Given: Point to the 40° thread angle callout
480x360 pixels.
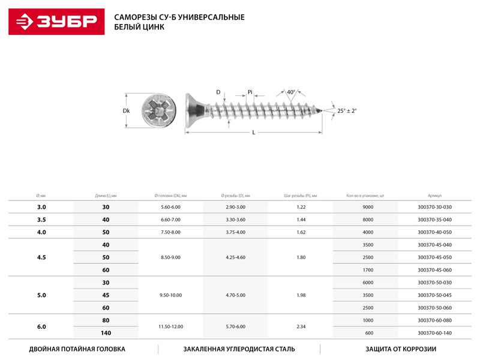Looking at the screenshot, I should pyautogui.click(x=291, y=92).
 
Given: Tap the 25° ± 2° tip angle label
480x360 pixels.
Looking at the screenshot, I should pyautogui.click(x=346, y=111).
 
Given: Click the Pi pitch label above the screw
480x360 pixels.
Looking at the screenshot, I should pyautogui.click(x=250, y=92).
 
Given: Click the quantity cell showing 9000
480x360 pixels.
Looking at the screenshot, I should pyautogui.click(x=368, y=207).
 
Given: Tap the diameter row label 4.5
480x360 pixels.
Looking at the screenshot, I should pyautogui.click(x=41, y=257).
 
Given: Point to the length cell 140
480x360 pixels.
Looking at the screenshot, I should pyautogui.click(x=106, y=333).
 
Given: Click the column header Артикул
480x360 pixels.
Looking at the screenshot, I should pyautogui.click(x=434, y=196).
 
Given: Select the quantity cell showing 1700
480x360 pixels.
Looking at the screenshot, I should pyautogui.click(x=368, y=270).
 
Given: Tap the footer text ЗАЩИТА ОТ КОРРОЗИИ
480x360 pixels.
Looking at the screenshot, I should pyautogui.click(x=400, y=349).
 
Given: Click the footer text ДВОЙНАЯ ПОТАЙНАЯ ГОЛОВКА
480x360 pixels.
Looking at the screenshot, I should pyautogui.click(x=77, y=349).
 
